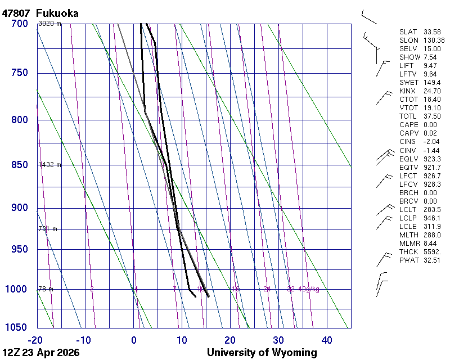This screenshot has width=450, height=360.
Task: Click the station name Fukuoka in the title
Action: pos(57,13)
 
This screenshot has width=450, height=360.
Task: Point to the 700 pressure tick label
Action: pos(19,24)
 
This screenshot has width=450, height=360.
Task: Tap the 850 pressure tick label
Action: pos(19,165)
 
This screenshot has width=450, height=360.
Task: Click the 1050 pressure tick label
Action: pos(17,327)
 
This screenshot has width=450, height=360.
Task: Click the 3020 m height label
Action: pos(49,24)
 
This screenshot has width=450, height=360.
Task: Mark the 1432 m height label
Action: pos(49,165)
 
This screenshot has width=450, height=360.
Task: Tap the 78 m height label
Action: pos(45,289)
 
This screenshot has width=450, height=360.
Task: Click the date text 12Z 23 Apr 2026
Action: pos(40,353)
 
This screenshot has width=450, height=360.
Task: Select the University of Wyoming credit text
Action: pos(262,353)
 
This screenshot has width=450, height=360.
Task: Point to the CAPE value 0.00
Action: pos(430,125)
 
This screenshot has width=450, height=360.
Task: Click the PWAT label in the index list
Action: pos(408,260)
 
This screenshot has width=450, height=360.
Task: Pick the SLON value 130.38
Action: pos(434,40)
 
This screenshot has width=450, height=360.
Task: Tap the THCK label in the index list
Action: pos(408,251)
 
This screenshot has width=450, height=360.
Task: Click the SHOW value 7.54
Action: pos(430,57)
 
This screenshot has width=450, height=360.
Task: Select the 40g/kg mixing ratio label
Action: pos(309,289)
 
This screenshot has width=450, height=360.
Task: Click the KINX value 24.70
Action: pos(432,91)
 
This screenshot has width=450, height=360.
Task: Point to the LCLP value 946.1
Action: pos(432,218)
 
